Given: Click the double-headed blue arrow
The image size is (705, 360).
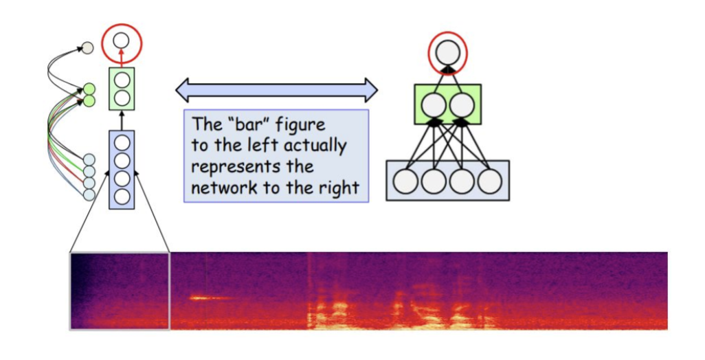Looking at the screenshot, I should [x=276, y=90].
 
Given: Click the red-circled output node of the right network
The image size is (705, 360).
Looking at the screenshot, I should [x=447, y=52].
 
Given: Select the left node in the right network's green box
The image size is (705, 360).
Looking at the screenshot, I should [x=434, y=105].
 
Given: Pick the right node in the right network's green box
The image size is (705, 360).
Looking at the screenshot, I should [x=462, y=105].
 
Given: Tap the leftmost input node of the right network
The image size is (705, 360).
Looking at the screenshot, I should [x=406, y=181].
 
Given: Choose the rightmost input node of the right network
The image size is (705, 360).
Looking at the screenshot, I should [x=490, y=181].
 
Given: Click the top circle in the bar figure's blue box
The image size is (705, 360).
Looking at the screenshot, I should [x=122, y=144].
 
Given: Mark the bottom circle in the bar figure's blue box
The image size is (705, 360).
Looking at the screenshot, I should [x=122, y=196].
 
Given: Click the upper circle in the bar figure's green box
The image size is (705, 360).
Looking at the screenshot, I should [x=122, y=80].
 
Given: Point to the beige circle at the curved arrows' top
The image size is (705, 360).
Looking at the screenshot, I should [x=87, y=48].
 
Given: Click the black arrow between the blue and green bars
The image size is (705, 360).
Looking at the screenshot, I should [x=122, y=120].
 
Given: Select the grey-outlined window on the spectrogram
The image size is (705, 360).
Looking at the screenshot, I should [x=120, y=291].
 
